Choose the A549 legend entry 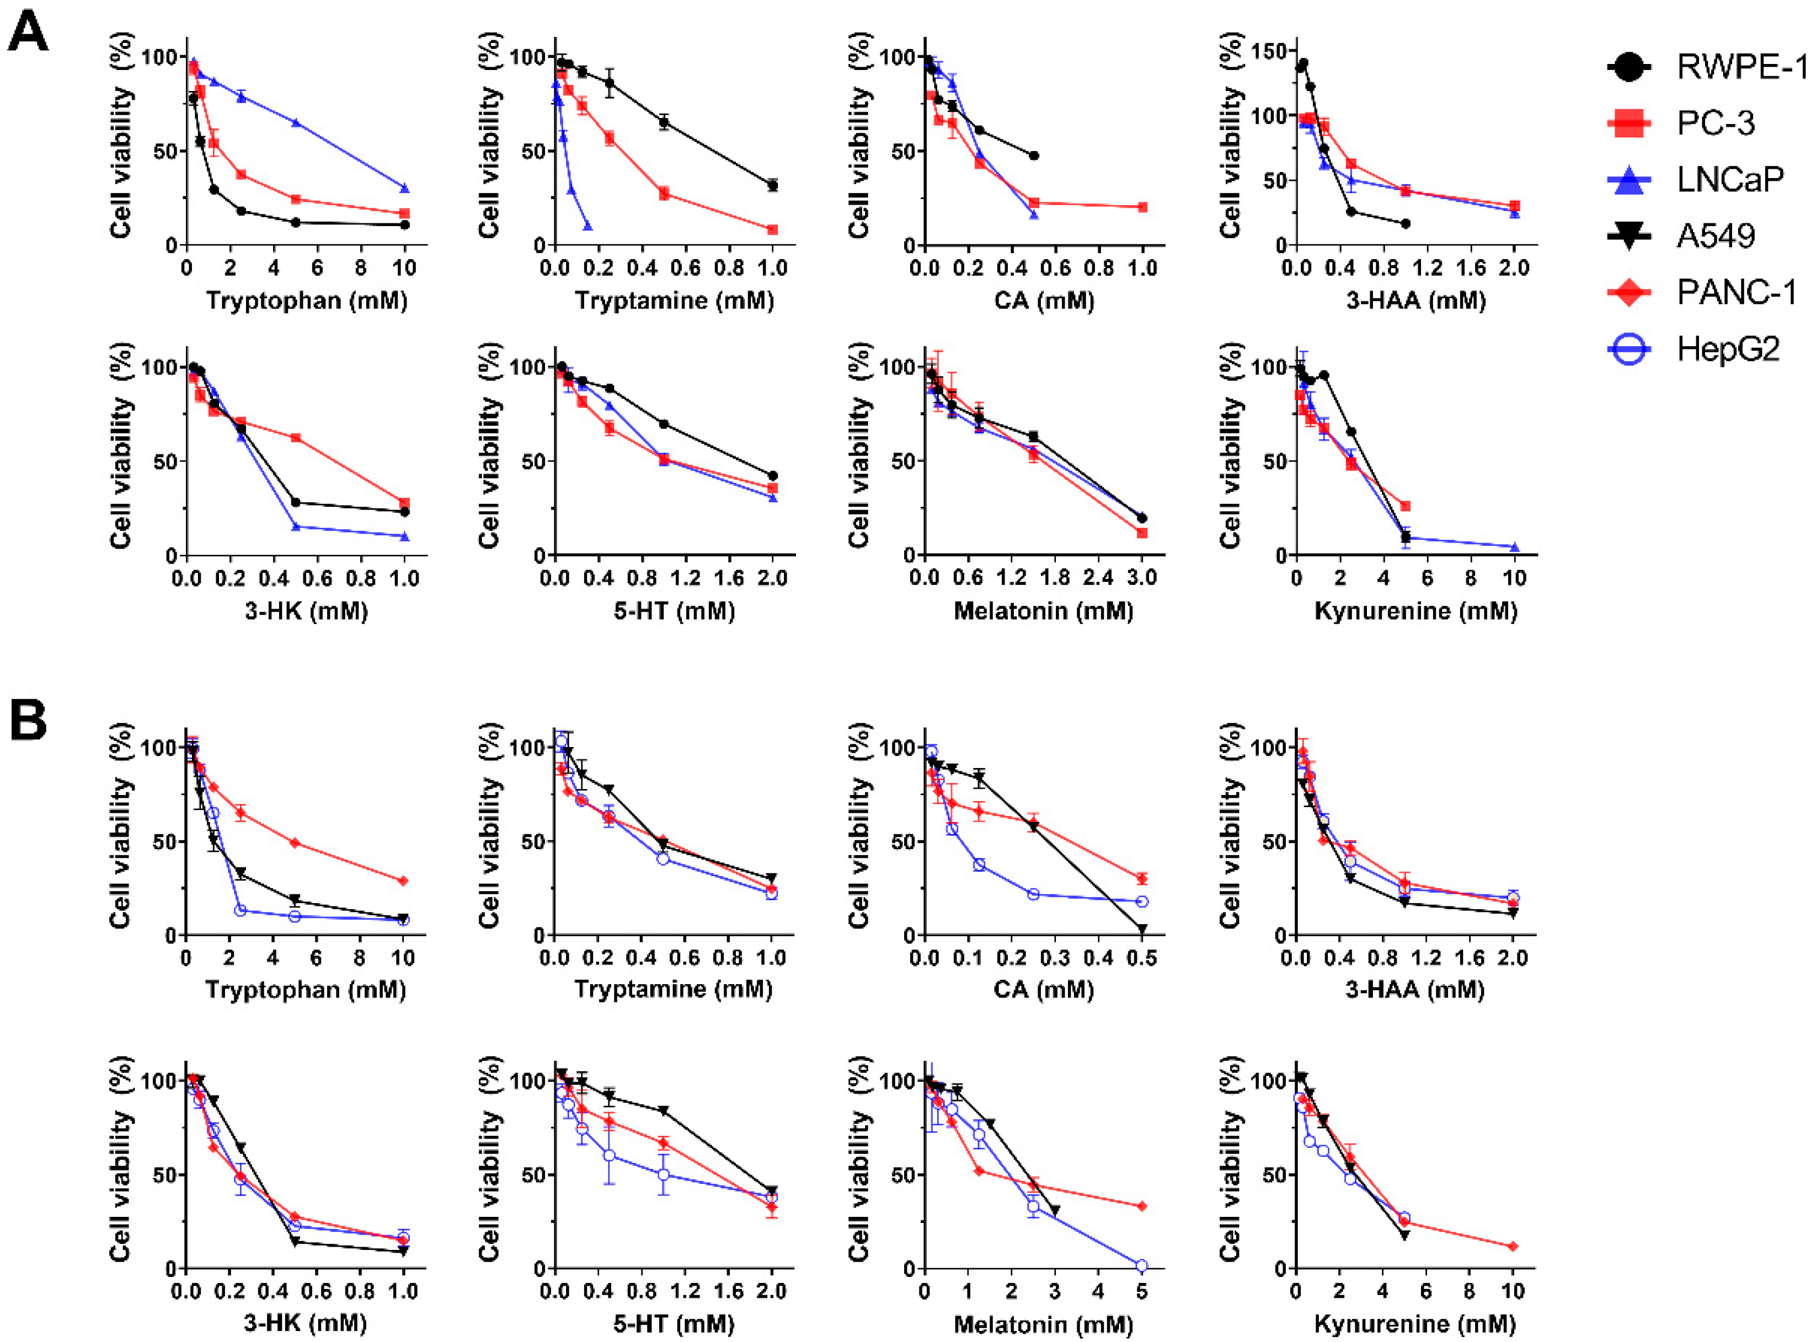(1715, 235)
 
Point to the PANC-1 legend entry (1736, 292)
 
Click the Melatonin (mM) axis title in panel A (1043, 611)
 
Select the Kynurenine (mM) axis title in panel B (1414, 1324)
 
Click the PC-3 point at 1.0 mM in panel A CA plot (1142, 207)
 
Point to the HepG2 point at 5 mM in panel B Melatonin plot (1141, 1266)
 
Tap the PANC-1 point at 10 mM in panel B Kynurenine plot (1513, 1246)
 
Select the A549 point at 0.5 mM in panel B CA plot (1142, 928)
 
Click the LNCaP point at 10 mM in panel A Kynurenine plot (1514, 547)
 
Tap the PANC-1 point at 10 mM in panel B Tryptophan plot (403, 881)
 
